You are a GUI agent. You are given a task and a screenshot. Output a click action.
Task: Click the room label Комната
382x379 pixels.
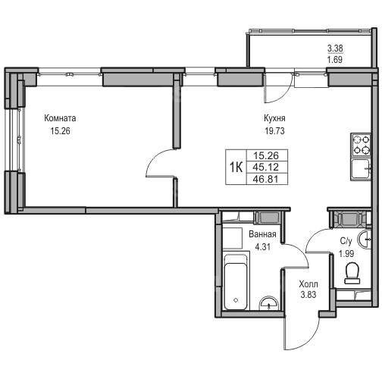[x=60, y=118]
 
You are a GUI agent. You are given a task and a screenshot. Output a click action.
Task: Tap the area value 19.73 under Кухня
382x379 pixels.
[x=274, y=131]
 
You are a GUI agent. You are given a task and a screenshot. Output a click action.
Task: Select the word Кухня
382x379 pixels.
[x=274, y=118]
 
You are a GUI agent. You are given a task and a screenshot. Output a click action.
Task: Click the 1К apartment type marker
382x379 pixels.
[x=236, y=167]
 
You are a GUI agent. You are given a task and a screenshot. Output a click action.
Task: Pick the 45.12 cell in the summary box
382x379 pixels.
[x=266, y=167]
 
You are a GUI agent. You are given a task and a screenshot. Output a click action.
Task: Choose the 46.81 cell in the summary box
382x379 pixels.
[x=266, y=179]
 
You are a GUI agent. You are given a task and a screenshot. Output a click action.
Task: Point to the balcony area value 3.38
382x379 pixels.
[x=335, y=48]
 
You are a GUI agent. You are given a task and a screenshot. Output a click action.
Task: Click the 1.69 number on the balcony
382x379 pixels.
[x=335, y=60]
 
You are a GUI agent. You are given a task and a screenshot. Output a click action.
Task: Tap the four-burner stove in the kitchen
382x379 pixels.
[x=361, y=145]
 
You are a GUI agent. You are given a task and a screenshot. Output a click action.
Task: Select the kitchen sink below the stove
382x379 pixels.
[x=361, y=169]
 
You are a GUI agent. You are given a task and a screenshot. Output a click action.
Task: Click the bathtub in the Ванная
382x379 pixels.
[x=236, y=282]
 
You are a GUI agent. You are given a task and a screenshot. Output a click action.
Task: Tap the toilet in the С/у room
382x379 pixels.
[x=352, y=273]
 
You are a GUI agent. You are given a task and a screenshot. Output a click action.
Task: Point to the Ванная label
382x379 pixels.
[x=262, y=234]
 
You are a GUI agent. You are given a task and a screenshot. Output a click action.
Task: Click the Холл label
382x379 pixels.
[x=308, y=284]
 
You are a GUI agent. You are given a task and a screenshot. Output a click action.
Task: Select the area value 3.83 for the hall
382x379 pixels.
[x=308, y=295]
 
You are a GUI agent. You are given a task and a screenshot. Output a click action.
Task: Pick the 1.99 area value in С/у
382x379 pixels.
[x=346, y=253]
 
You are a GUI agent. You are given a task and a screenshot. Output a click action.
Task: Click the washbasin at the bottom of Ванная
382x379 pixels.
[x=269, y=303]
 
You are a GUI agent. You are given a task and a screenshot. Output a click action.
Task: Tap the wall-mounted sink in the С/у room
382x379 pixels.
[x=364, y=239]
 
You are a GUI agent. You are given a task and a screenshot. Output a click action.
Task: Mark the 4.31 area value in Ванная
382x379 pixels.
[x=262, y=246]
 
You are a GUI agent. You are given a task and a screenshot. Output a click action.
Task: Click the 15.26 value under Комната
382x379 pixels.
[x=60, y=131]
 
